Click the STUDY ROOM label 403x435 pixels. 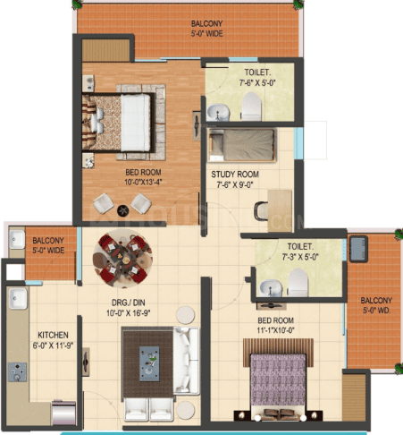point(235,175)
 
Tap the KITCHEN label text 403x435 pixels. point(53,335)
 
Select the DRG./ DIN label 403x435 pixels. point(129,303)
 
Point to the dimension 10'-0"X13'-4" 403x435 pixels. point(143,182)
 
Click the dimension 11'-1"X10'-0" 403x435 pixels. point(275,330)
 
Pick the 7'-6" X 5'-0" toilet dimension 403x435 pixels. point(257,82)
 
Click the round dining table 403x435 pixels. point(122,259)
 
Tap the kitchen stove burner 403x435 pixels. point(17,371)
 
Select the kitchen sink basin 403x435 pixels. point(18,298)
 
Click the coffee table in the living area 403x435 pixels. point(149,363)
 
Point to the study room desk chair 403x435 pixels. point(261,211)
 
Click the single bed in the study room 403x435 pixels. point(242,145)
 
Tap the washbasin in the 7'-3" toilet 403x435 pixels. point(271,288)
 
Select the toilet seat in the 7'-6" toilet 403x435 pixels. point(251,107)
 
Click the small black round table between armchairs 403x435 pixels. point(123,211)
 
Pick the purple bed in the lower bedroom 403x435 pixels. point(278,382)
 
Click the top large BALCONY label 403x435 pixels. point(206,29)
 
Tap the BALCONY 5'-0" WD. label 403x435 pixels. point(376,305)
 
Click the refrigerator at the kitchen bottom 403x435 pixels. point(63,413)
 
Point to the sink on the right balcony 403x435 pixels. point(358,249)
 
